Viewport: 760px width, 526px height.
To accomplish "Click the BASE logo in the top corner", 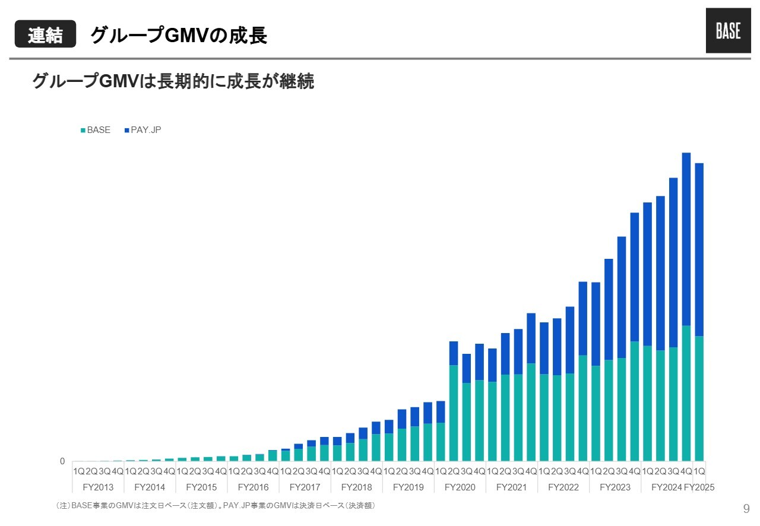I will click(x=728, y=31).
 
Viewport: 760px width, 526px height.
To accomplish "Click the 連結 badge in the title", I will click(x=45, y=35).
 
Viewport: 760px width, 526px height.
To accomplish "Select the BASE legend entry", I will click(x=95, y=130).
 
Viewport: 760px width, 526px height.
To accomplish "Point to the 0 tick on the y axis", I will click(x=62, y=461).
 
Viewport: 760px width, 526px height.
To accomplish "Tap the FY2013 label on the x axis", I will click(x=98, y=487).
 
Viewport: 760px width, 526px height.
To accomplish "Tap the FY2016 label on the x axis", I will click(x=253, y=487).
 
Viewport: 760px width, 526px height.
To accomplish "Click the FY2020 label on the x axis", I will click(x=460, y=487).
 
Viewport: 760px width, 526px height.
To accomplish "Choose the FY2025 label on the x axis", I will click(x=699, y=487).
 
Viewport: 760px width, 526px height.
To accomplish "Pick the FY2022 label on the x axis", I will click(x=563, y=487).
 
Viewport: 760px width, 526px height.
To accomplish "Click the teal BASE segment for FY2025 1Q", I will click(x=699, y=398).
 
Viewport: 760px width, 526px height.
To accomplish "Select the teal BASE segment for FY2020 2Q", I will click(x=454, y=413).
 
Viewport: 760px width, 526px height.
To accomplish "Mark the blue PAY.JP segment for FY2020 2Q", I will click(x=454, y=353).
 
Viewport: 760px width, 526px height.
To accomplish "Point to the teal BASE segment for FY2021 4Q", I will click(x=531, y=412).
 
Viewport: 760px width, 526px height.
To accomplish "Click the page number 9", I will click(x=746, y=508).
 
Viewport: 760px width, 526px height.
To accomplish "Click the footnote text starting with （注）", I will click(x=214, y=506).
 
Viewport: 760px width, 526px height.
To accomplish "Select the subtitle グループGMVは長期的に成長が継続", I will click(x=173, y=81).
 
